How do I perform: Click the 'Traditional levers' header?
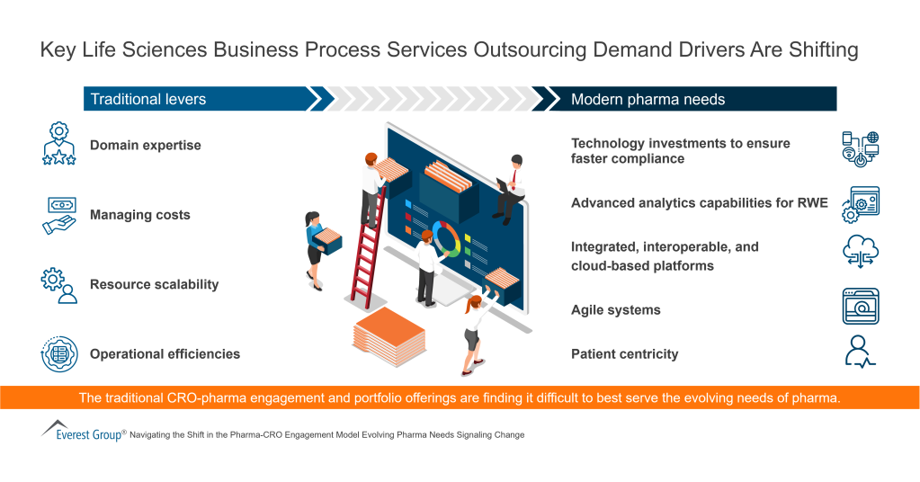pyautogui.click(x=148, y=99)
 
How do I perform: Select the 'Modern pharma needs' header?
pyautogui.click(x=648, y=99)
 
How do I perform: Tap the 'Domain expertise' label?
pyautogui.click(x=145, y=146)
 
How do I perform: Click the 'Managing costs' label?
pyautogui.click(x=139, y=215)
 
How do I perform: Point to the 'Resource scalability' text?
pyautogui.click(x=154, y=284)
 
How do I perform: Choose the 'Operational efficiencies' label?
pyautogui.click(x=165, y=353)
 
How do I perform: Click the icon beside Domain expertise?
pyautogui.click(x=59, y=145)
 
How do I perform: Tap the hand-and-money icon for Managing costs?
pyautogui.click(x=59, y=215)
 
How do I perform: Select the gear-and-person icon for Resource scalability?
pyautogui.click(x=59, y=284)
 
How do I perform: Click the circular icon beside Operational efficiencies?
pyautogui.click(x=59, y=353)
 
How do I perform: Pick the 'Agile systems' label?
pyautogui.click(x=615, y=309)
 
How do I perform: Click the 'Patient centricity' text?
pyautogui.click(x=624, y=353)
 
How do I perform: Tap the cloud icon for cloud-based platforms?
pyautogui.click(x=860, y=253)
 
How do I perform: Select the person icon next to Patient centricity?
pyautogui.click(x=860, y=351)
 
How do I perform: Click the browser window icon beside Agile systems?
pyautogui.click(x=860, y=306)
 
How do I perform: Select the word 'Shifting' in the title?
pyautogui.click(x=821, y=50)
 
